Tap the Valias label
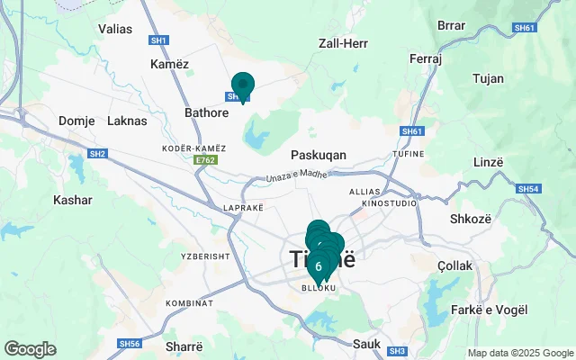pos(115,29)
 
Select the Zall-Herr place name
pos(342,43)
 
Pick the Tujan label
pos(488,78)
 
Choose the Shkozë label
pos(469,219)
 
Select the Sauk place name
pos(368,343)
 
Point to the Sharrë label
pos(184,345)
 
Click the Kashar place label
pos(73,200)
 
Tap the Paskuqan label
pos(319,155)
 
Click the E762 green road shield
pos(206,160)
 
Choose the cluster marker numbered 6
pos(319,266)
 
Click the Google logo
pos(30,349)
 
